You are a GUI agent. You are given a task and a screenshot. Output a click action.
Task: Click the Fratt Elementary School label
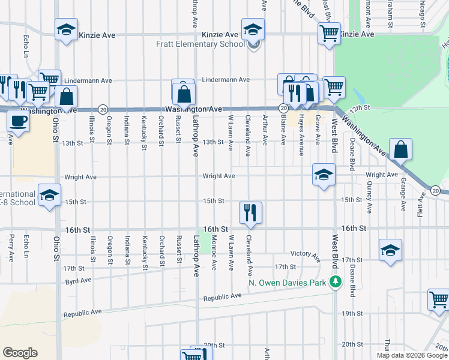(200, 44)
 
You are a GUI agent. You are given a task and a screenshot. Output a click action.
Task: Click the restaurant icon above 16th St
(250, 212)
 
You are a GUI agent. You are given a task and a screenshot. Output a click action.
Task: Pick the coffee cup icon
(19, 121)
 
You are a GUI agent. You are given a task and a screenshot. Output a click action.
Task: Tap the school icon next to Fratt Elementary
(253, 29)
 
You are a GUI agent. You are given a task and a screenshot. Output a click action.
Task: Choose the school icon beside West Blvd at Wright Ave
(323, 175)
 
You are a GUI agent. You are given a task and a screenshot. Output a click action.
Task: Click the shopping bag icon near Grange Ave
(400, 149)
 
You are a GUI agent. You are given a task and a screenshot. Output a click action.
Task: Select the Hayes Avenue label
(301, 127)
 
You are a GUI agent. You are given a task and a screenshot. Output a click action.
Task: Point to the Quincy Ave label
(369, 200)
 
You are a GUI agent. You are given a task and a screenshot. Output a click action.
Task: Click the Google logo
(20, 353)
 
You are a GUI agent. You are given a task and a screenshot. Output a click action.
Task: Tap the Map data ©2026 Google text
(411, 355)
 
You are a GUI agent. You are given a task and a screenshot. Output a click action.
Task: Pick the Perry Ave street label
(11, 247)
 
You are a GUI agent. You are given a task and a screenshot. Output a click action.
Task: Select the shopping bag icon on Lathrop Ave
(184, 94)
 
